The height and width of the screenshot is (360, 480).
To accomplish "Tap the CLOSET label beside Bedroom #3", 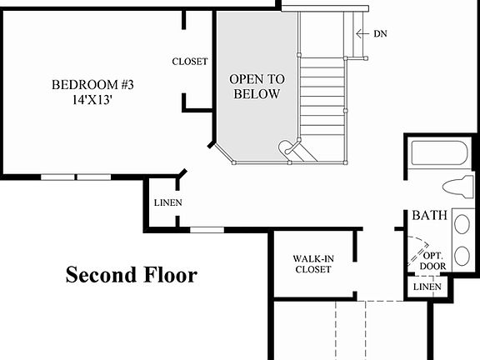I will pyautogui.click(x=190, y=62).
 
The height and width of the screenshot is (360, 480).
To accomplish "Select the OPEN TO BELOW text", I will pyautogui.click(x=257, y=86).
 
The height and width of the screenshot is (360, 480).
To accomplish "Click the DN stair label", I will pyautogui.click(x=380, y=34).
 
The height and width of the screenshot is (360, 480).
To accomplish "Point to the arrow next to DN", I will pyautogui.click(x=361, y=34).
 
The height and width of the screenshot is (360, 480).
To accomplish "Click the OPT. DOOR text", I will pyautogui.click(x=433, y=260).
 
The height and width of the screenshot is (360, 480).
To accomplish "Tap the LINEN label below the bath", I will pyautogui.click(x=427, y=287).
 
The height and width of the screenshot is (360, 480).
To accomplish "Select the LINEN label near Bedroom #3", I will pyautogui.click(x=168, y=203).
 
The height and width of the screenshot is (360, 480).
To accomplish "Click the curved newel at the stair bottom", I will pyautogui.click(x=287, y=148).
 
